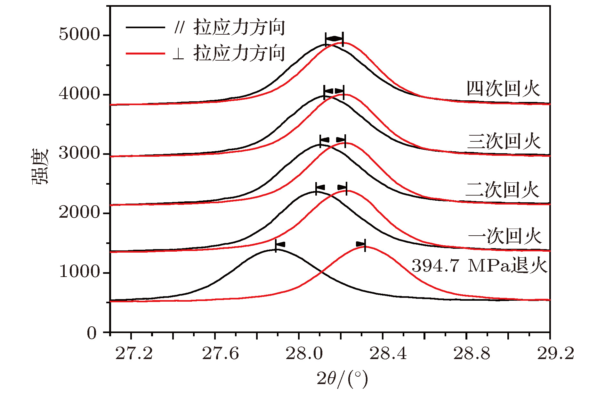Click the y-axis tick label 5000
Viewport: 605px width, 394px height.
click(x=79, y=34)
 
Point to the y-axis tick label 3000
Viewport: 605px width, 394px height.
click(x=79, y=153)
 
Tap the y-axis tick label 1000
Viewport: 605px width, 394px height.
click(x=79, y=272)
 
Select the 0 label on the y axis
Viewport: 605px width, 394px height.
click(x=92, y=333)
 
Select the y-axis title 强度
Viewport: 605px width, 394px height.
click(x=40, y=166)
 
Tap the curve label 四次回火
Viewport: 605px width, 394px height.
click(x=503, y=89)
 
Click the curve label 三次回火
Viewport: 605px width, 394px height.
click(x=504, y=141)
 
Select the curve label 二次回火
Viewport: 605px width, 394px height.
click(x=503, y=190)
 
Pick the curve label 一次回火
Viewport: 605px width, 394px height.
click(x=505, y=236)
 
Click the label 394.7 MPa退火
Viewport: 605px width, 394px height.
click(x=479, y=266)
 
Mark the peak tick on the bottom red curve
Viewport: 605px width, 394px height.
click(x=365, y=245)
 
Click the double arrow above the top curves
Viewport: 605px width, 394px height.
click(x=334, y=39)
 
